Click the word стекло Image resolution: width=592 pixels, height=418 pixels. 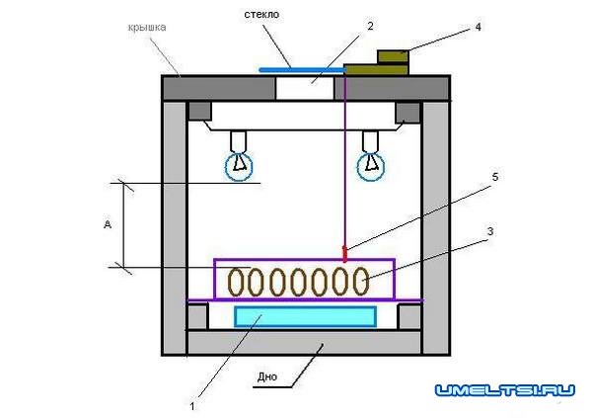coord(261,15)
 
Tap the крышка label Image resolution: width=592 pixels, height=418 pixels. coord(147,28)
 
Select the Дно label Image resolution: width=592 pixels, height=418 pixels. coord(267,376)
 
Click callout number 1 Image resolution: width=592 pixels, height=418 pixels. coord(192,406)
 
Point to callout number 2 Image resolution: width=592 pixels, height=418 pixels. coord(370,26)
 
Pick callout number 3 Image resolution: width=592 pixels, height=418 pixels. coord(490,231)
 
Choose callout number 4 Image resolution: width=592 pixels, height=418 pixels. coord(478,27)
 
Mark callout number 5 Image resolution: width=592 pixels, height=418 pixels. coord(495,177)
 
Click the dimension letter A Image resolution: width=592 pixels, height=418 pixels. coord(108,224)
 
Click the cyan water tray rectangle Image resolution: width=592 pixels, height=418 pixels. coord(305,316)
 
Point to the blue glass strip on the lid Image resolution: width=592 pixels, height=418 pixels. coord(302,70)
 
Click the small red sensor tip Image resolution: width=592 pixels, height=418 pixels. coord(344,253)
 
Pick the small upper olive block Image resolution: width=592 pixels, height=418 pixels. coord(393,56)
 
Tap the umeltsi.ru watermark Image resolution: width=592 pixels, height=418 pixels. coord(505,390)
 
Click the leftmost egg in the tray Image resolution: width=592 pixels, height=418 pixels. coord(236,282)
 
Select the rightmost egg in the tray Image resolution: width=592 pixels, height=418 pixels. coord(361,281)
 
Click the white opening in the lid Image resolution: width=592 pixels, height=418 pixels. coord(305,89)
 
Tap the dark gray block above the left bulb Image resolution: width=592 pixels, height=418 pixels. coord(200,111)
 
